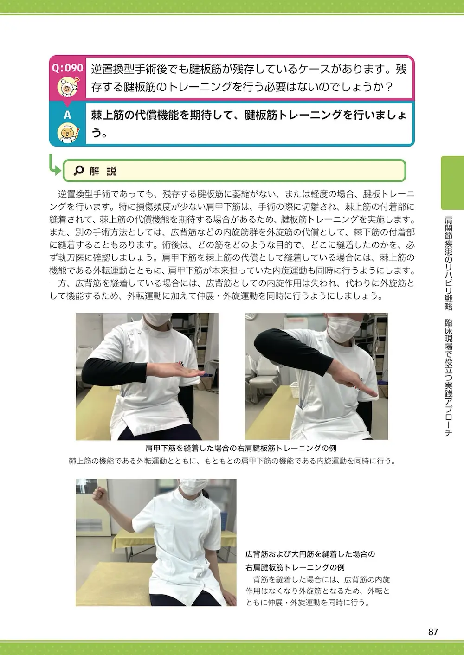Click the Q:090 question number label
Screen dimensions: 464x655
[68, 68]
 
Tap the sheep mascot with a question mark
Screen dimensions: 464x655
[68, 87]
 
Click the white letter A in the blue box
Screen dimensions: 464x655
[68, 115]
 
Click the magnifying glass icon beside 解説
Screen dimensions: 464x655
[79, 170]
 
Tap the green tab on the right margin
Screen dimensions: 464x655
[452, 183]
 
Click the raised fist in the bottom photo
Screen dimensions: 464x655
[99, 494]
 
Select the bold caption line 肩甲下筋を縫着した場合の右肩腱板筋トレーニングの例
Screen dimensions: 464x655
[240, 448]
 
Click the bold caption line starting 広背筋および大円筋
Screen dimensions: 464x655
[310, 554]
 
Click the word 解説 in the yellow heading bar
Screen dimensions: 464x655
[103, 171]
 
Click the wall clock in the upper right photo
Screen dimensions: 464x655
[253, 316]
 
